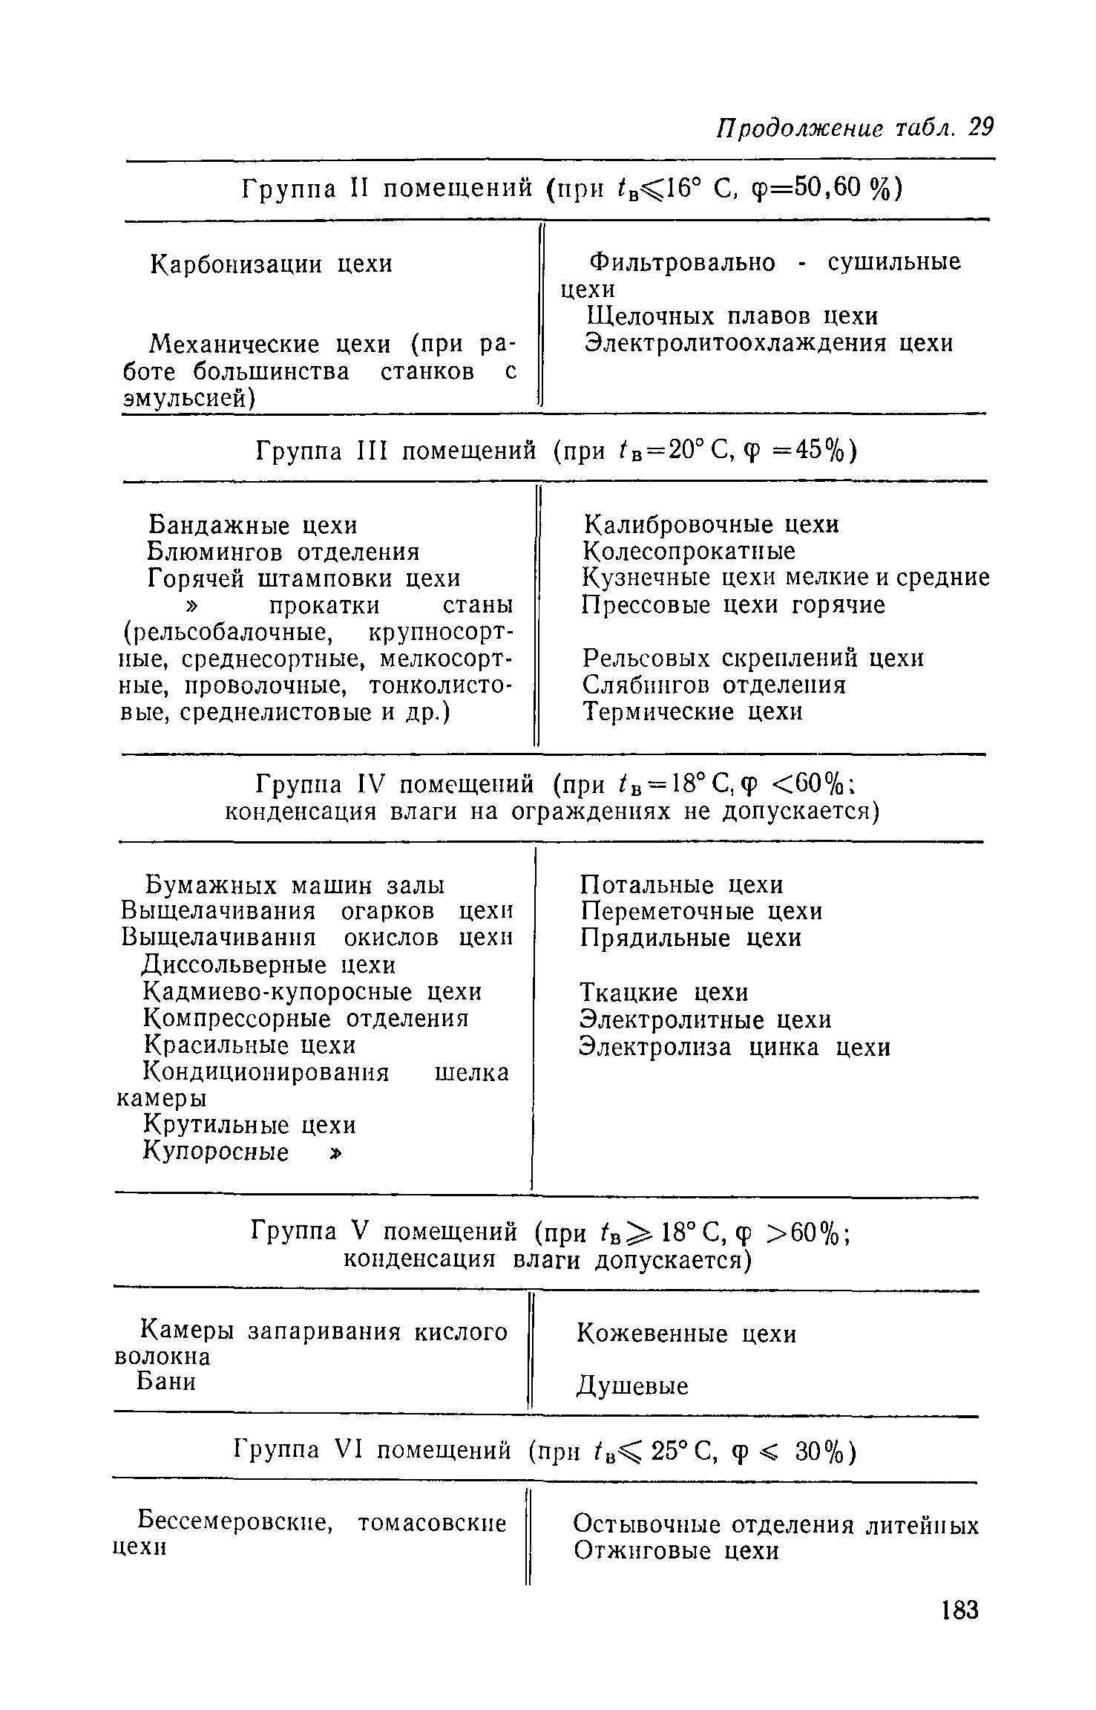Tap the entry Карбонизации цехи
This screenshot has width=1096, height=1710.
point(272,264)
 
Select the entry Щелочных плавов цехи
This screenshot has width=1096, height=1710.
point(732,317)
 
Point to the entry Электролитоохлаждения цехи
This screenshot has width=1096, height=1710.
point(769,344)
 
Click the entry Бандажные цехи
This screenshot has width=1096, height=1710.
point(253,525)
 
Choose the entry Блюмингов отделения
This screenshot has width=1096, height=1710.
point(283,552)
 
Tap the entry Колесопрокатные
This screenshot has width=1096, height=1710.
point(689,551)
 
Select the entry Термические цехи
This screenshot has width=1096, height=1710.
point(692,712)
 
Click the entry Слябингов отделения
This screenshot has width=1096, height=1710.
point(714,685)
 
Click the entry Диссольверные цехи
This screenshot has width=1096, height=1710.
point(269,965)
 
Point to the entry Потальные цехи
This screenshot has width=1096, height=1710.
point(681,885)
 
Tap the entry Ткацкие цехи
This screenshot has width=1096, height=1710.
point(664,993)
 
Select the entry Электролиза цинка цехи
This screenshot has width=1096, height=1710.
point(735,1047)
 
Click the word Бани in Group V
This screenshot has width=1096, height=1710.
point(167,1382)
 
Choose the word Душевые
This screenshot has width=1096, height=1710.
point(633,1386)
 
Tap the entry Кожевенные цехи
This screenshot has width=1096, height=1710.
point(686,1334)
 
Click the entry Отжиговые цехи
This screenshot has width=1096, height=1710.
point(676,1551)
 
